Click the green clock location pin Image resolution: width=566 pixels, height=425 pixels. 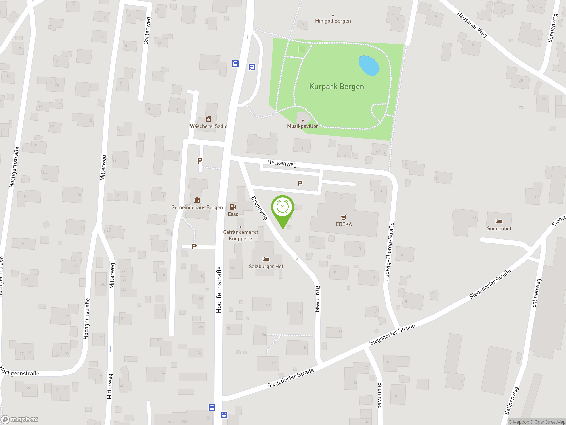tap(283, 207)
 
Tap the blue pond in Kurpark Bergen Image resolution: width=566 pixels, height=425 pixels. tap(369, 66)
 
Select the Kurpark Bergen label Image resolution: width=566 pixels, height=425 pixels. tap(337, 87)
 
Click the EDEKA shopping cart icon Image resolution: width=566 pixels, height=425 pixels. tap(344, 218)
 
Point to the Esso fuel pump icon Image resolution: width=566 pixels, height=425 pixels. tap(233, 207)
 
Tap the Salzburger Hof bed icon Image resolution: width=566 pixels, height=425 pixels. tap(266, 259)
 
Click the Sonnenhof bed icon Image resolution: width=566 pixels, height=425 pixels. tap(499, 221)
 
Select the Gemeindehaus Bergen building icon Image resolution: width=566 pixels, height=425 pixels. tap(197, 200)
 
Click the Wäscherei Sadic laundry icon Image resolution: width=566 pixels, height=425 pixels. tap(208, 119)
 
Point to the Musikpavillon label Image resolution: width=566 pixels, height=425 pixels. tap(303, 126)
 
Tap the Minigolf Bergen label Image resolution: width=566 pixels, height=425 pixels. tap(333, 21)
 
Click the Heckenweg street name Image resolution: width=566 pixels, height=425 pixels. tap(282, 163)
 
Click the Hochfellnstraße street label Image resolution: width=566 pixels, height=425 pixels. tap(219, 290)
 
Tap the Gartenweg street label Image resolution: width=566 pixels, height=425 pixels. tap(147, 31)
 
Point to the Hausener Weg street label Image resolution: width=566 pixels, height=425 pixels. tap(472, 25)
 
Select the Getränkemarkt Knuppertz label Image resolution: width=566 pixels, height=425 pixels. tap(241, 235)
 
